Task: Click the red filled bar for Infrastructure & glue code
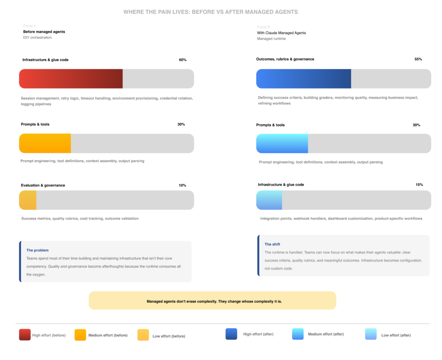click(x=71, y=79)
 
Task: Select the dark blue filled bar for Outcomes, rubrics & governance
click(x=303, y=79)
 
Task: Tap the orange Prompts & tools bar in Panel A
click(x=45, y=143)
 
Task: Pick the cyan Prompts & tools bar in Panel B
click(x=282, y=143)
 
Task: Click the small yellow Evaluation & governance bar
click(x=28, y=200)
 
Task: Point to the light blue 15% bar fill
click(x=269, y=200)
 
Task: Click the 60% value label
click(x=183, y=60)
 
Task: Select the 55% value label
click(x=418, y=59)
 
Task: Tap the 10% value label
click(x=182, y=186)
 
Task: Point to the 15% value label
click(x=419, y=185)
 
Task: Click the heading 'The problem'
click(x=38, y=250)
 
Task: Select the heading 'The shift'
click(x=272, y=244)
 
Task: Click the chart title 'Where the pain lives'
click(x=211, y=12)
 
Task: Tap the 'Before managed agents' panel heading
click(x=44, y=32)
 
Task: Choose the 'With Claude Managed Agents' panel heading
click(x=281, y=33)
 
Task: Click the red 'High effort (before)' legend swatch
click(x=25, y=335)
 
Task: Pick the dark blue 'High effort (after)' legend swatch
click(x=231, y=334)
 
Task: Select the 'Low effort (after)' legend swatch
click(x=371, y=335)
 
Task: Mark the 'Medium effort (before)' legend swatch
click(x=80, y=335)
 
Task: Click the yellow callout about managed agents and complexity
click(x=212, y=300)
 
